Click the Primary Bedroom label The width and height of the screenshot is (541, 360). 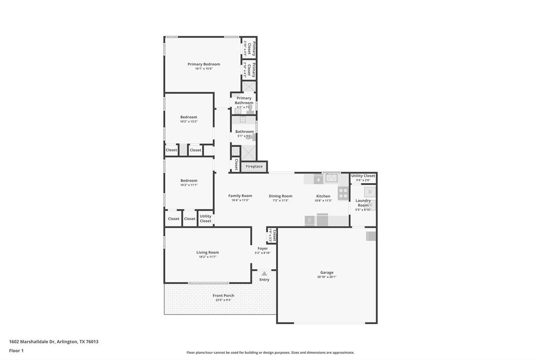click(x=203, y=64)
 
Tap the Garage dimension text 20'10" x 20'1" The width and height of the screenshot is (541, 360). click(x=327, y=277)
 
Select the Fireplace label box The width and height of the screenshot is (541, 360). click(x=254, y=167)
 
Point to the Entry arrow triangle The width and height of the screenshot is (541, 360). click(x=264, y=273)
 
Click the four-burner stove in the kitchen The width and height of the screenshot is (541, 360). click(x=343, y=193)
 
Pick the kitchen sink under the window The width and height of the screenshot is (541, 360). click(x=331, y=178)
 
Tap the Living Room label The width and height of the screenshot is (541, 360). click(x=208, y=252)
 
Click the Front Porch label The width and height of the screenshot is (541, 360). click(x=223, y=296)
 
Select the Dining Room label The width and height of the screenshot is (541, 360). click(x=280, y=196)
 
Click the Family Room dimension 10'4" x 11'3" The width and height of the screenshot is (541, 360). click(x=240, y=201)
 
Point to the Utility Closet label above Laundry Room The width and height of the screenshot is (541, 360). click(x=363, y=176)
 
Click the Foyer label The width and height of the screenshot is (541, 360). click(x=263, y=248)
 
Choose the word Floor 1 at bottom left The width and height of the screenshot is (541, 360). click(x=16, y=350)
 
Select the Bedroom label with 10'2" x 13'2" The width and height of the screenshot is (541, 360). click(x=189, y=117)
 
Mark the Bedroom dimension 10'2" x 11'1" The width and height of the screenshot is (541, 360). click(x=189, y=185)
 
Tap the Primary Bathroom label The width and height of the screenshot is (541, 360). click(x=244, y=100)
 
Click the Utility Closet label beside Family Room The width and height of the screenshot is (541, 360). click(x=206, y=219)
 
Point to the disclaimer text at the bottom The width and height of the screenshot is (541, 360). click(x=270, y=353)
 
